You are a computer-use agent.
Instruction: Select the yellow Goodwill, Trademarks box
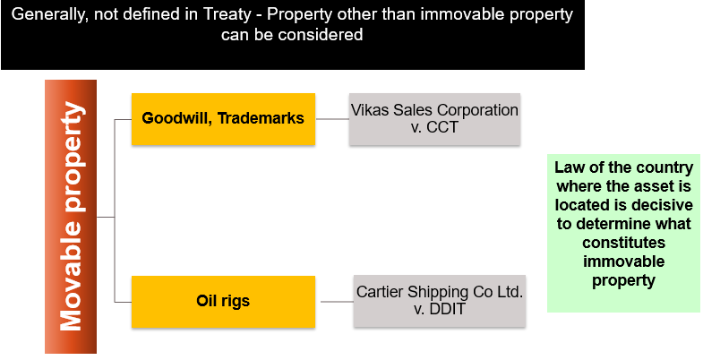(x=223, y=118)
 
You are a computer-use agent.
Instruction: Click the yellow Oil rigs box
(x=223, y=302)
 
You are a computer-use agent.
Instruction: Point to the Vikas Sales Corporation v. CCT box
(x=434, y=118)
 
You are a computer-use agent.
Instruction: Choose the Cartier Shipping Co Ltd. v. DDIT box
(x=439, y=301)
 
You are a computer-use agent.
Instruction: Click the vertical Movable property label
(x=71, y=217)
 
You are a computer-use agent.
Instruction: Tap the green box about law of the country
(x=623, y=233)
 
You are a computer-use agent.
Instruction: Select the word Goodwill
(x=174, y=118)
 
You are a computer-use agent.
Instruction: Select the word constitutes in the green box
(x=623, y=243)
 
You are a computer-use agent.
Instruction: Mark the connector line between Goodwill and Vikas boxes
(x=332, y=118)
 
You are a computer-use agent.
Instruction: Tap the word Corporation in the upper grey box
(x=476, y=110)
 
